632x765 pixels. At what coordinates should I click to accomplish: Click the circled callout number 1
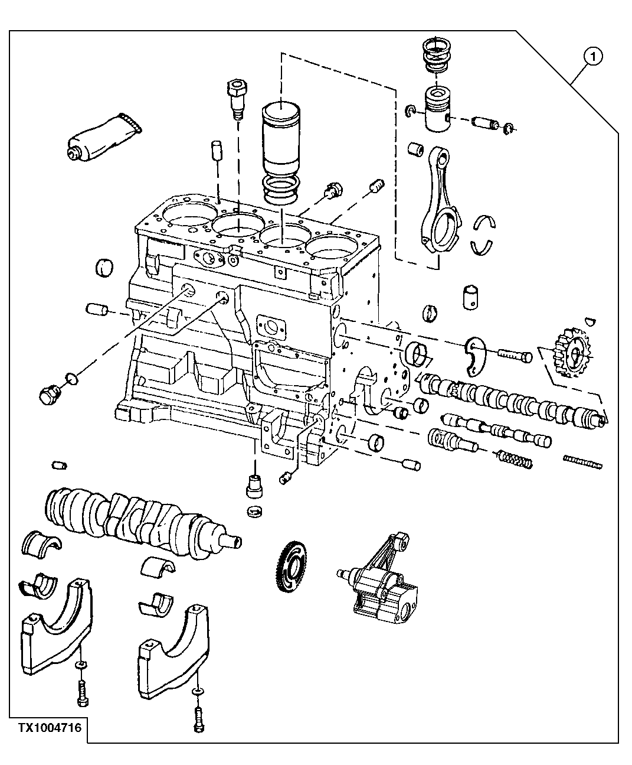[x=592, y=57]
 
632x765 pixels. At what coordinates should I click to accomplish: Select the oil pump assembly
[x=384, y=585]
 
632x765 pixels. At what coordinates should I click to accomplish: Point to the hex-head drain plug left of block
[x=47, y=394]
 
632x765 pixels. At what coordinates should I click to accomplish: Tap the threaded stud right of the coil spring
[x=583, y=461]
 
